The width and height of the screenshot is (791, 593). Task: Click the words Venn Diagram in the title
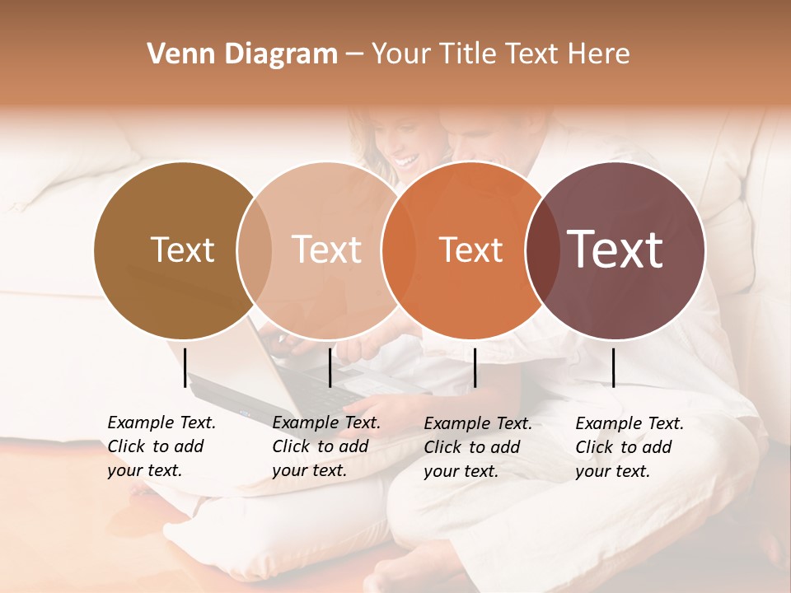point(242,54)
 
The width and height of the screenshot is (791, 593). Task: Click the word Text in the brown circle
point(182,250)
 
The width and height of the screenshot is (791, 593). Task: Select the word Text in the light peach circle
point(326,250)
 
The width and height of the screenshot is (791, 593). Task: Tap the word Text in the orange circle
point(470,250)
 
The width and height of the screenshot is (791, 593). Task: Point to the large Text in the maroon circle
point(615,249)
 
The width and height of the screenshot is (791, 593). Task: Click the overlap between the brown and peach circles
point(255,250)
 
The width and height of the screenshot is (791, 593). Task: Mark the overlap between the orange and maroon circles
point(542,250)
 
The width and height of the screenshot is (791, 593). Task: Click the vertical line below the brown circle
point(185,367)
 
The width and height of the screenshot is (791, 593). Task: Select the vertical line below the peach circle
point(330,367)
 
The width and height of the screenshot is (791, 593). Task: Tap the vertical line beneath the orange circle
point(475,367)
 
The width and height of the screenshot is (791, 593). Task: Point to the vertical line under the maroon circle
point(613,367)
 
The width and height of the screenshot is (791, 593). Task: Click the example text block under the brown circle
point(161,446)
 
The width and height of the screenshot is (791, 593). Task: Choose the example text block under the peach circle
point(326,446)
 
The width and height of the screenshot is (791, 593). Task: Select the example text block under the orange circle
point(478,447)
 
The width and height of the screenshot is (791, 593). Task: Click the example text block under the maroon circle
point(630,447)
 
